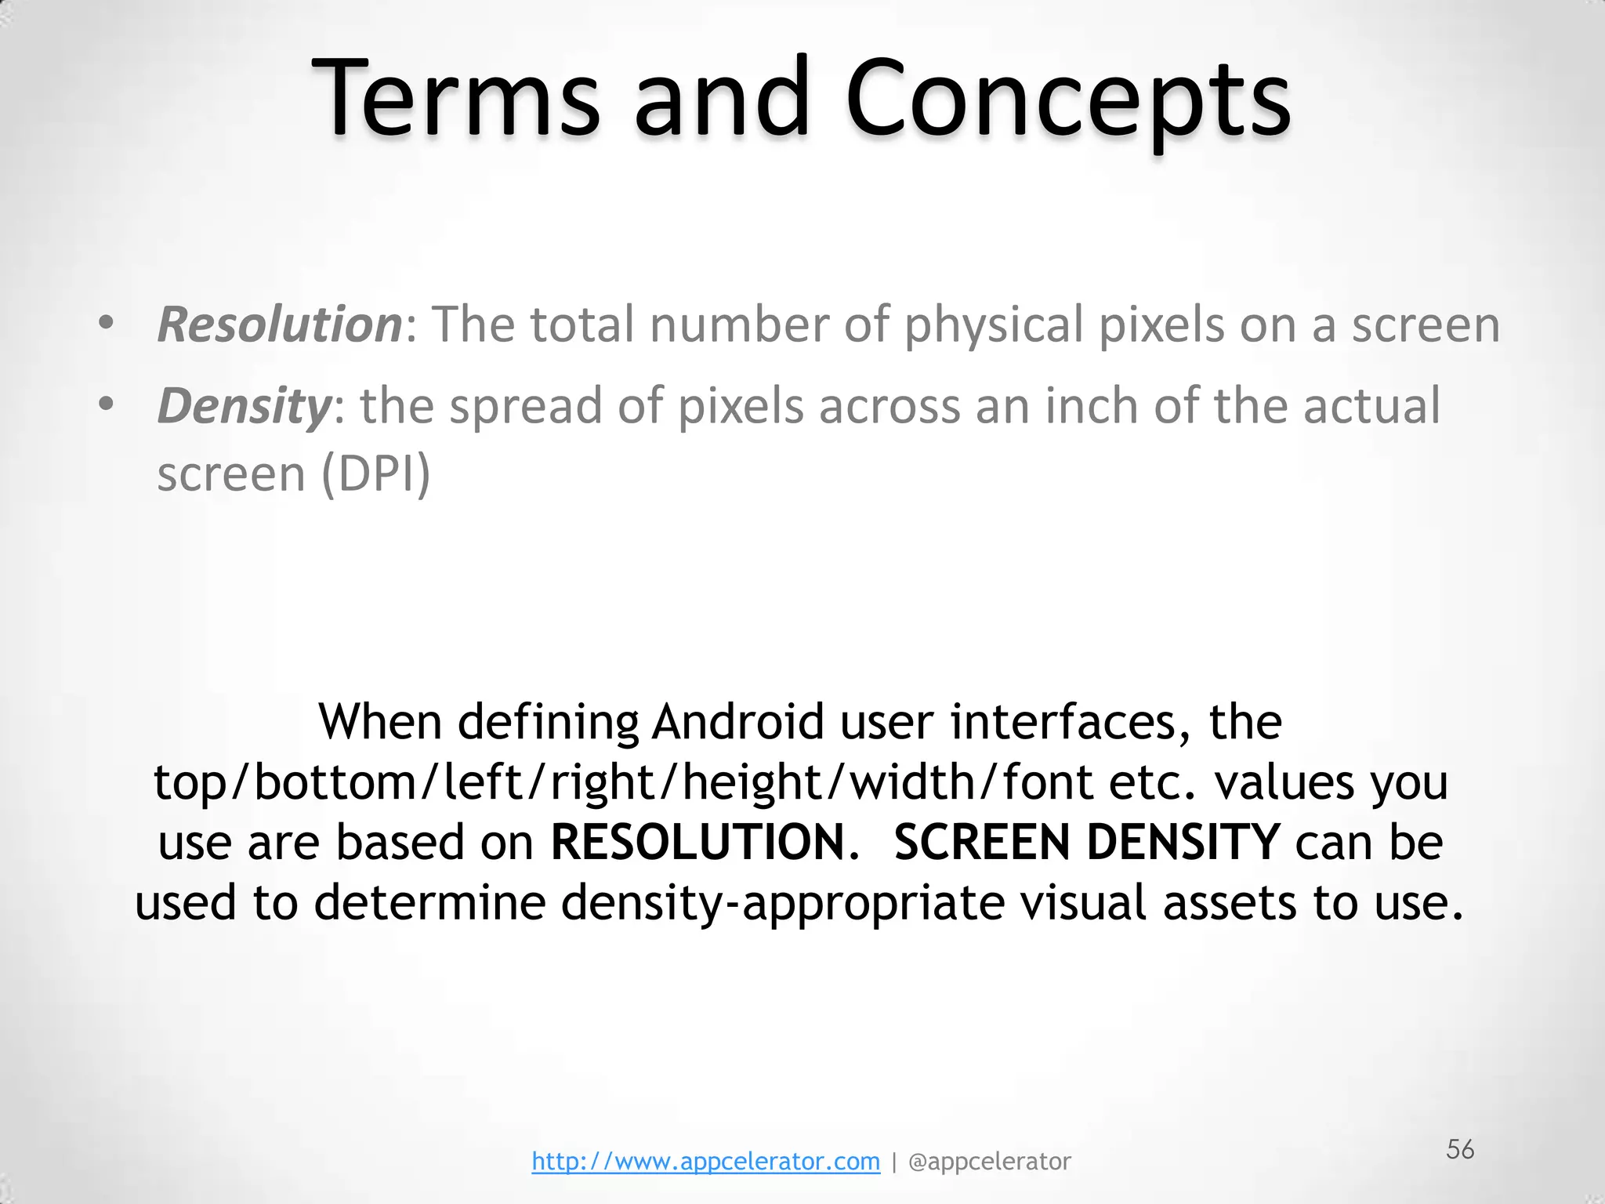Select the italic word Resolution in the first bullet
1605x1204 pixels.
pos(279,325)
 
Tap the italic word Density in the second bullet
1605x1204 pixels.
pos(245,406)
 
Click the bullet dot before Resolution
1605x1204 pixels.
pos(107,323)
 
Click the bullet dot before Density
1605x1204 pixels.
pos(107,404)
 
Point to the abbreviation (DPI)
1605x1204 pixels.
pos(376,474)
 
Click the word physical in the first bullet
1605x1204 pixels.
pos(993,325)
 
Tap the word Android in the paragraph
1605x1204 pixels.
pos(737,722)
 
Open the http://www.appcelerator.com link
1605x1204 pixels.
pos(705,1162)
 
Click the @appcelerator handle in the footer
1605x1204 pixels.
pos(989,1162)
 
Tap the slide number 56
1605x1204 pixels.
pos(1460,1150)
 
